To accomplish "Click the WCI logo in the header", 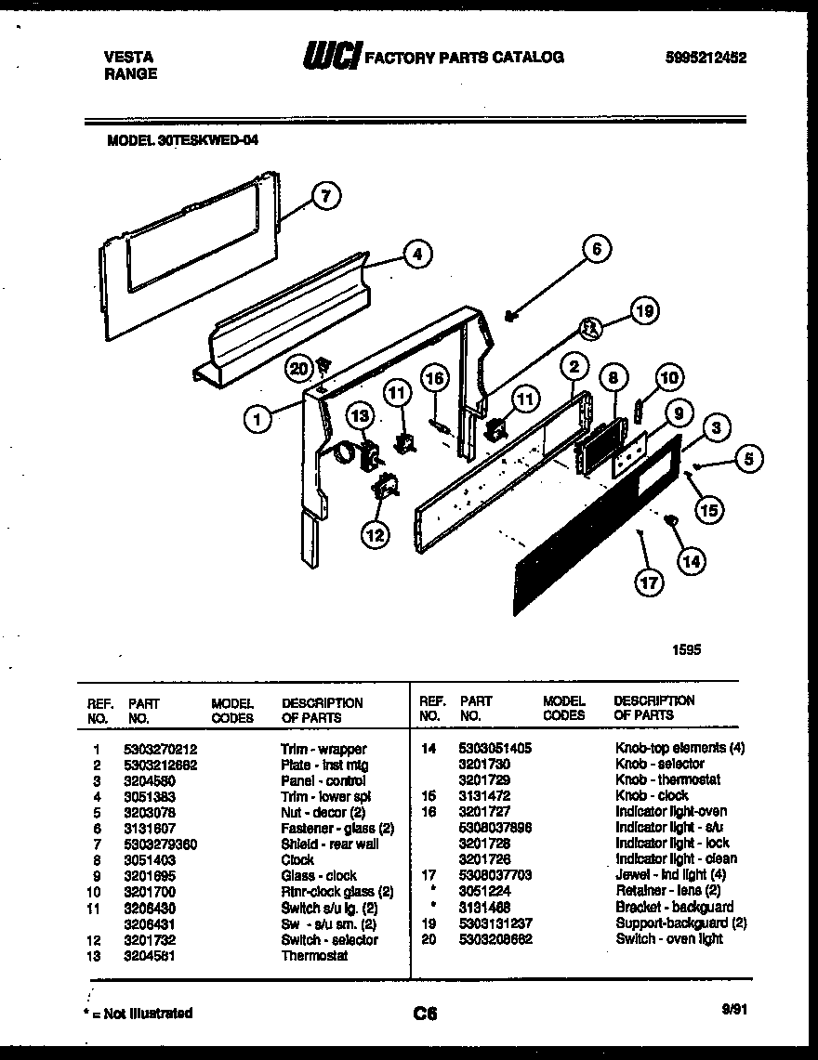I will coord(329,58).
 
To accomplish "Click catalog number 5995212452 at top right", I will coord(706,57).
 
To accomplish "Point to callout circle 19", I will coord(643,312).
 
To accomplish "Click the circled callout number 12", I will coord(376,535).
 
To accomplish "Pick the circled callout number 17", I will coord(649,582).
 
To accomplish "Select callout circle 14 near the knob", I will coord(691,560).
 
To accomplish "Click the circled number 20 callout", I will coord(298,369).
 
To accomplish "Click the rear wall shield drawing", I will coord(186,251).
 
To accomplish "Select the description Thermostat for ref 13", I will coord(314,955).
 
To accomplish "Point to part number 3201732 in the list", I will coord(149,939).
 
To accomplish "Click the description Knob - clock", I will coord(652,795).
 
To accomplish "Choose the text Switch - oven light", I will coord(668,938).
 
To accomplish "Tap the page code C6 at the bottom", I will coord(426,1014).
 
